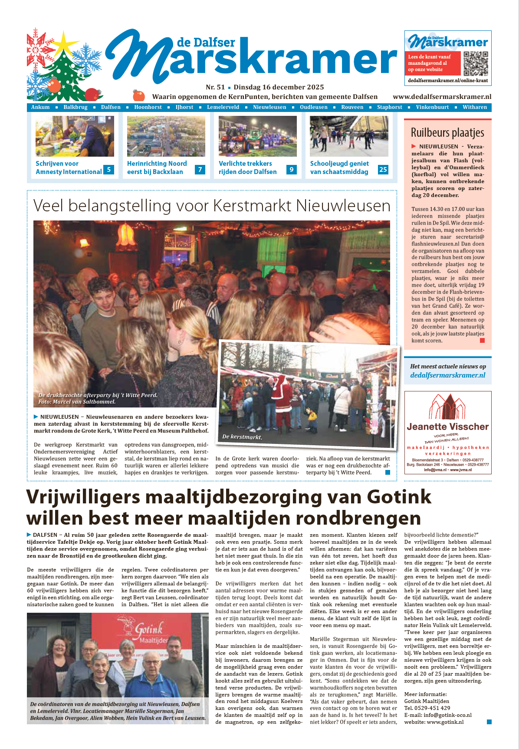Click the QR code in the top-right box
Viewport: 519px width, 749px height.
(x=476, y=63)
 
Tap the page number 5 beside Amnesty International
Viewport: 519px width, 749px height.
(x=108, y=170)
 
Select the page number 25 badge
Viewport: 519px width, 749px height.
(x=383, y=170)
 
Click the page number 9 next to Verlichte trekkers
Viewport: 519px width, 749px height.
(x=292, y=170)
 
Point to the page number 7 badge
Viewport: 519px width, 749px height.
(x=200, y=170)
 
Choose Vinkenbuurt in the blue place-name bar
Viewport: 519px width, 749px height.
(x=432, y=107)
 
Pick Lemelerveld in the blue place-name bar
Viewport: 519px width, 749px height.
(x=223, y=107)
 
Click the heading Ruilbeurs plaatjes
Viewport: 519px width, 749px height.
(x=447, y=132)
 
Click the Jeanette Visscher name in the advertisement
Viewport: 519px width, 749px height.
(x=447, y=427)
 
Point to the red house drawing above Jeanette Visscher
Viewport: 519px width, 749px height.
(x=447, y=407)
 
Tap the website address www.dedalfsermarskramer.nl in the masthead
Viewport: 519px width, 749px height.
(x=442, y=97)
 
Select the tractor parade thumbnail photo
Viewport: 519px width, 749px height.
(x=258, y=136)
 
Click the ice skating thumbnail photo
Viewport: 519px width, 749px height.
(x=349, y=136)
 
